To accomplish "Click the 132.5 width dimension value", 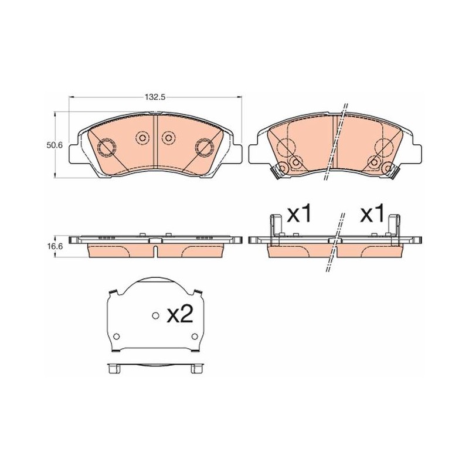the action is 155,97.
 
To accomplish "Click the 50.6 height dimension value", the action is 54,145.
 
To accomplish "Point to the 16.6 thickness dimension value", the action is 54,246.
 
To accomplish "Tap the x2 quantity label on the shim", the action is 179,315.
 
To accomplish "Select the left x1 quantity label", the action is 300,215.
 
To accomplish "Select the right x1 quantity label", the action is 372,215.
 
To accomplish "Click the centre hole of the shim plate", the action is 155,315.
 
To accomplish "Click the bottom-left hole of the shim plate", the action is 117,336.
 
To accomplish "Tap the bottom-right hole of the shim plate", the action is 195,336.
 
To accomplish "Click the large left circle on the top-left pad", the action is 107,147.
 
